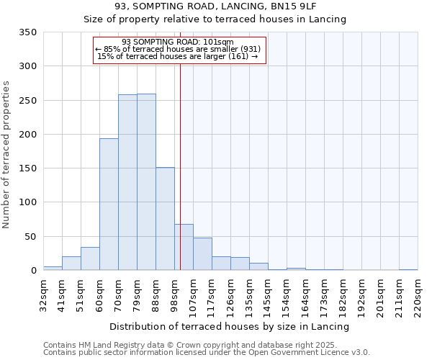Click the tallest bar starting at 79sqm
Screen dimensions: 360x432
tap(146, 182)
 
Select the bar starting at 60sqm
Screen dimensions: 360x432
tap(109, 204)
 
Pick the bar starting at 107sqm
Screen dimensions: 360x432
tap(202, 254)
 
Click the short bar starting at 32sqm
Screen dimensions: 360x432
tap(53, 268)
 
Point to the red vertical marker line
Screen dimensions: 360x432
tap(180, 166)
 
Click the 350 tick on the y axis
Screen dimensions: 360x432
tap(27, 32)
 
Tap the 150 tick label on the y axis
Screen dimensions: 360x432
tap(27, 168)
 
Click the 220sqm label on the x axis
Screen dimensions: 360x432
tap(418, 294)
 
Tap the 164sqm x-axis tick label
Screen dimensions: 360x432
tap(305, 294)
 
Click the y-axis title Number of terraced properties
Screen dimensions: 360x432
tap(6, 155)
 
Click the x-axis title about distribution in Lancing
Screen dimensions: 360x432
tap(230, 326)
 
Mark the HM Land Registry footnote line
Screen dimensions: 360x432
tap(200, 345)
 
